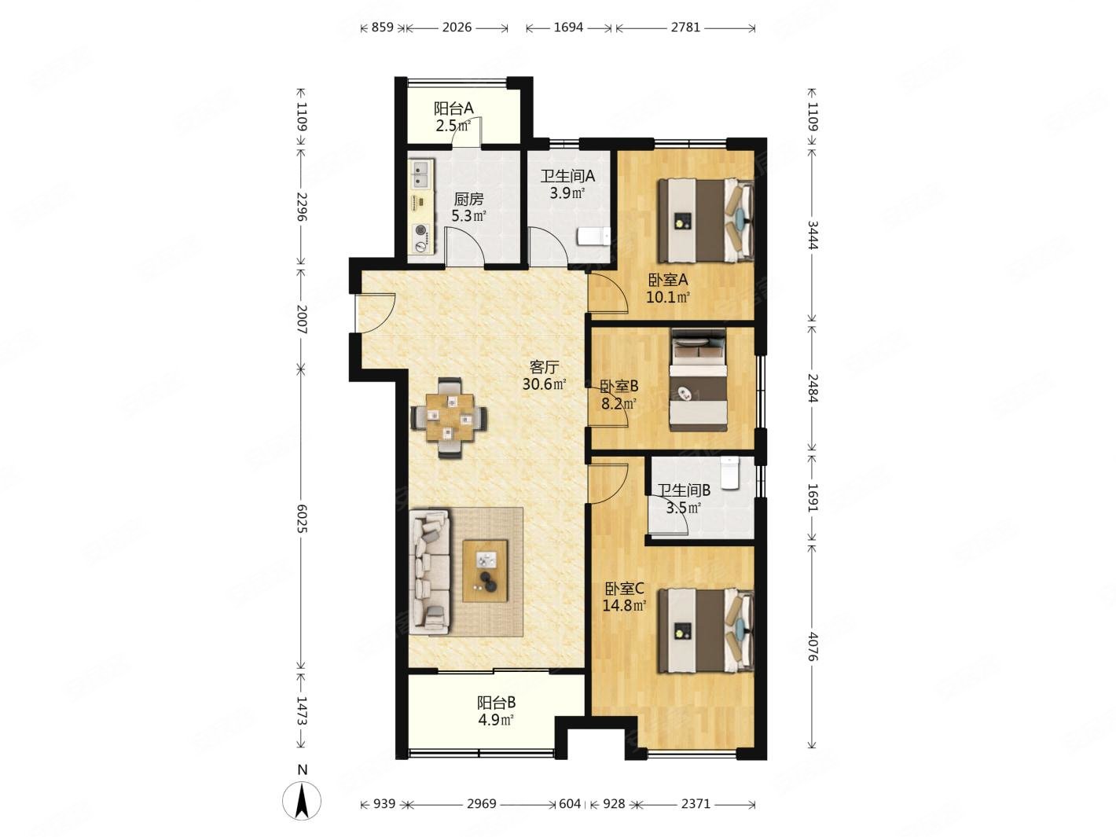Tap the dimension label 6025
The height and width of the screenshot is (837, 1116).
click(x=302, y=519)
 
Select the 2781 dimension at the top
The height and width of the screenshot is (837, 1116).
click(x=685, y=28)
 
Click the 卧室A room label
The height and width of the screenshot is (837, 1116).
click(x=667, y=280)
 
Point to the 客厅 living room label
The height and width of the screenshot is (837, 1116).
click(x=544, y=366)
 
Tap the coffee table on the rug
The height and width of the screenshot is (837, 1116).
click(x=485, y=571)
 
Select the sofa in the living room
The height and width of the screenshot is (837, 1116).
click(x=430, y=571)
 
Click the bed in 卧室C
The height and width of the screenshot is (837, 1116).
click(x=706, y=630)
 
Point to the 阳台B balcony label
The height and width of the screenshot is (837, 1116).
click(x=496, y=703)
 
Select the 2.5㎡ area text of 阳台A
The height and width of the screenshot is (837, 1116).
click(x=453, y=126)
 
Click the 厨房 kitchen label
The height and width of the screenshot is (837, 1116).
click(x=468, y=199)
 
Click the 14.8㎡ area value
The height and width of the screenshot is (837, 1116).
click(x=624, y=605)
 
